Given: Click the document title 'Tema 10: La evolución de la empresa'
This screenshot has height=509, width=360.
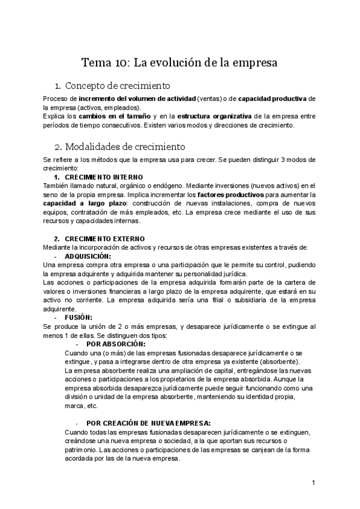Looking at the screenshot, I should point(179,62).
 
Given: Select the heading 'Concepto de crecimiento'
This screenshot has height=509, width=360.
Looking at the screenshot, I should point(118,85).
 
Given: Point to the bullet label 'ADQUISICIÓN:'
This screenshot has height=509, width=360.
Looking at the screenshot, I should point(88,256).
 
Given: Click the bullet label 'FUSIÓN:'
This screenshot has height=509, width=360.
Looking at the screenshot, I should point(79,318).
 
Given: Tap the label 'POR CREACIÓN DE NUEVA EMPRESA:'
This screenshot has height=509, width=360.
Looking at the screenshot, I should point(148,423).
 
